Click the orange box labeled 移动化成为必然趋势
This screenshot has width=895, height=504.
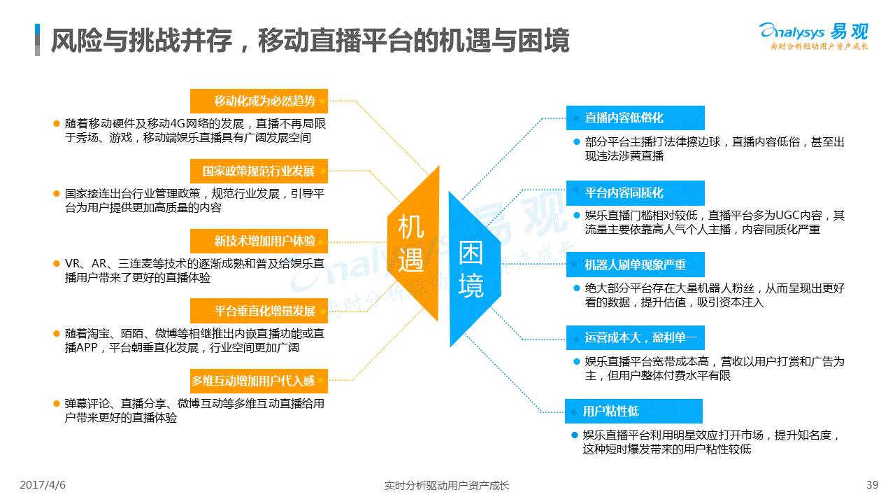point(259,101)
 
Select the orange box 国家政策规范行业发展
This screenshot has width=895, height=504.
point(259,171)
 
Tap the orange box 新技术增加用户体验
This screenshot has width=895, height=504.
point(259,241)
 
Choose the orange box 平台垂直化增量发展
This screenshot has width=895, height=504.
point(259,310)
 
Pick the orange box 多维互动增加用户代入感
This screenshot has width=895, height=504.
point(259,381)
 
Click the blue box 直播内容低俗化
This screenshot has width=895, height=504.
point(636,118)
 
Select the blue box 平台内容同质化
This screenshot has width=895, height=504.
point(636,192)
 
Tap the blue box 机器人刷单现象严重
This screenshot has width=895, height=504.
point(636,265)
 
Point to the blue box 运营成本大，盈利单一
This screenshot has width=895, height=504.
point(636,337)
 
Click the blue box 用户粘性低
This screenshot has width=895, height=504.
point(633,411)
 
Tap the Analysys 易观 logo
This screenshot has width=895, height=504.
point(814,36)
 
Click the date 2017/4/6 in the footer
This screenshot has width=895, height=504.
point(43,485)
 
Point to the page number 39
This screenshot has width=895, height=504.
point(872,485)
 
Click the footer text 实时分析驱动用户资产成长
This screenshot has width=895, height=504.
point(447,486)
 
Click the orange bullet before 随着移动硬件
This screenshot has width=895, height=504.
point(57,124)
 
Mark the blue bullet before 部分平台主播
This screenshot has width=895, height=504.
point(577,141)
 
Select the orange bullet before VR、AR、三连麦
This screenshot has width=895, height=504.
point(57,264)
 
